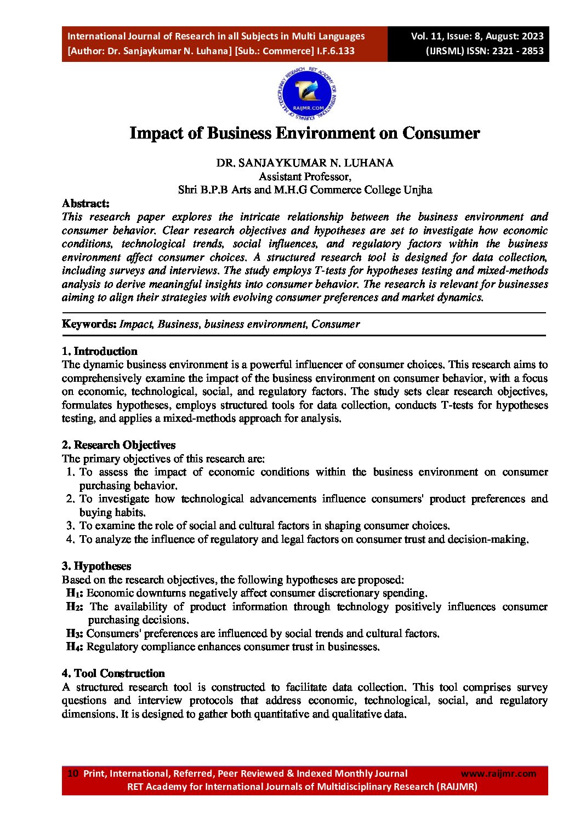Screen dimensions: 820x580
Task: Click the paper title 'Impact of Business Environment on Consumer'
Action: pos(304,133)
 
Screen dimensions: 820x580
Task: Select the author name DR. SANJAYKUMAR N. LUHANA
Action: pos(305,163)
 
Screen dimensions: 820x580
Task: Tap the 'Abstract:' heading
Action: pos(86,203)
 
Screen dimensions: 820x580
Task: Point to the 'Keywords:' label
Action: pos(89,324)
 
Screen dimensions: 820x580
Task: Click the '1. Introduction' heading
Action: pos(99,351)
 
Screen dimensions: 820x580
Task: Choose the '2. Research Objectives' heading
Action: pos(118,445)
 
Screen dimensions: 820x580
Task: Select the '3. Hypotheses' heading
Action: pos(96,566)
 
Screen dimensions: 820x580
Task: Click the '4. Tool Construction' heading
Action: pos(113,673)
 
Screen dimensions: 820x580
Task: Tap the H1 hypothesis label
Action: pos(75,593)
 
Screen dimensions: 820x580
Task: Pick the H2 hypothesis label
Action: pos(75,606)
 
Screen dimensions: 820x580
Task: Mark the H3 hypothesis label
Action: pos(75,634)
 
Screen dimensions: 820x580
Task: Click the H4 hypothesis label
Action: pos(75,647)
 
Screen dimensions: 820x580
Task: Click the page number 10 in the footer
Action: pos(73,773)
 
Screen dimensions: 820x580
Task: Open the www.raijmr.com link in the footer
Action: pos(498,773)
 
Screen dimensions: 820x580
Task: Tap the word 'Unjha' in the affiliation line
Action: pos(418,190)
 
